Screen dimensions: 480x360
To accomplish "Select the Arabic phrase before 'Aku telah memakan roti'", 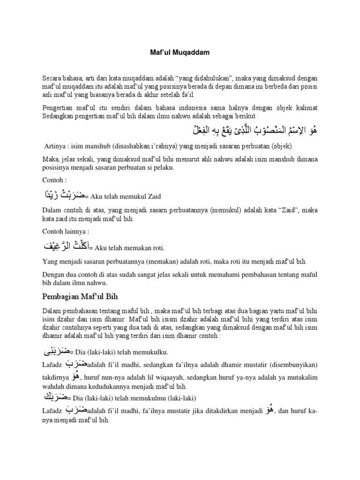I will [x=66, y=246].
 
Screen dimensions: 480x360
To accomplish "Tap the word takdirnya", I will [x=55, y=377].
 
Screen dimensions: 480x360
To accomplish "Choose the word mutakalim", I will [x=300, y=377].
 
